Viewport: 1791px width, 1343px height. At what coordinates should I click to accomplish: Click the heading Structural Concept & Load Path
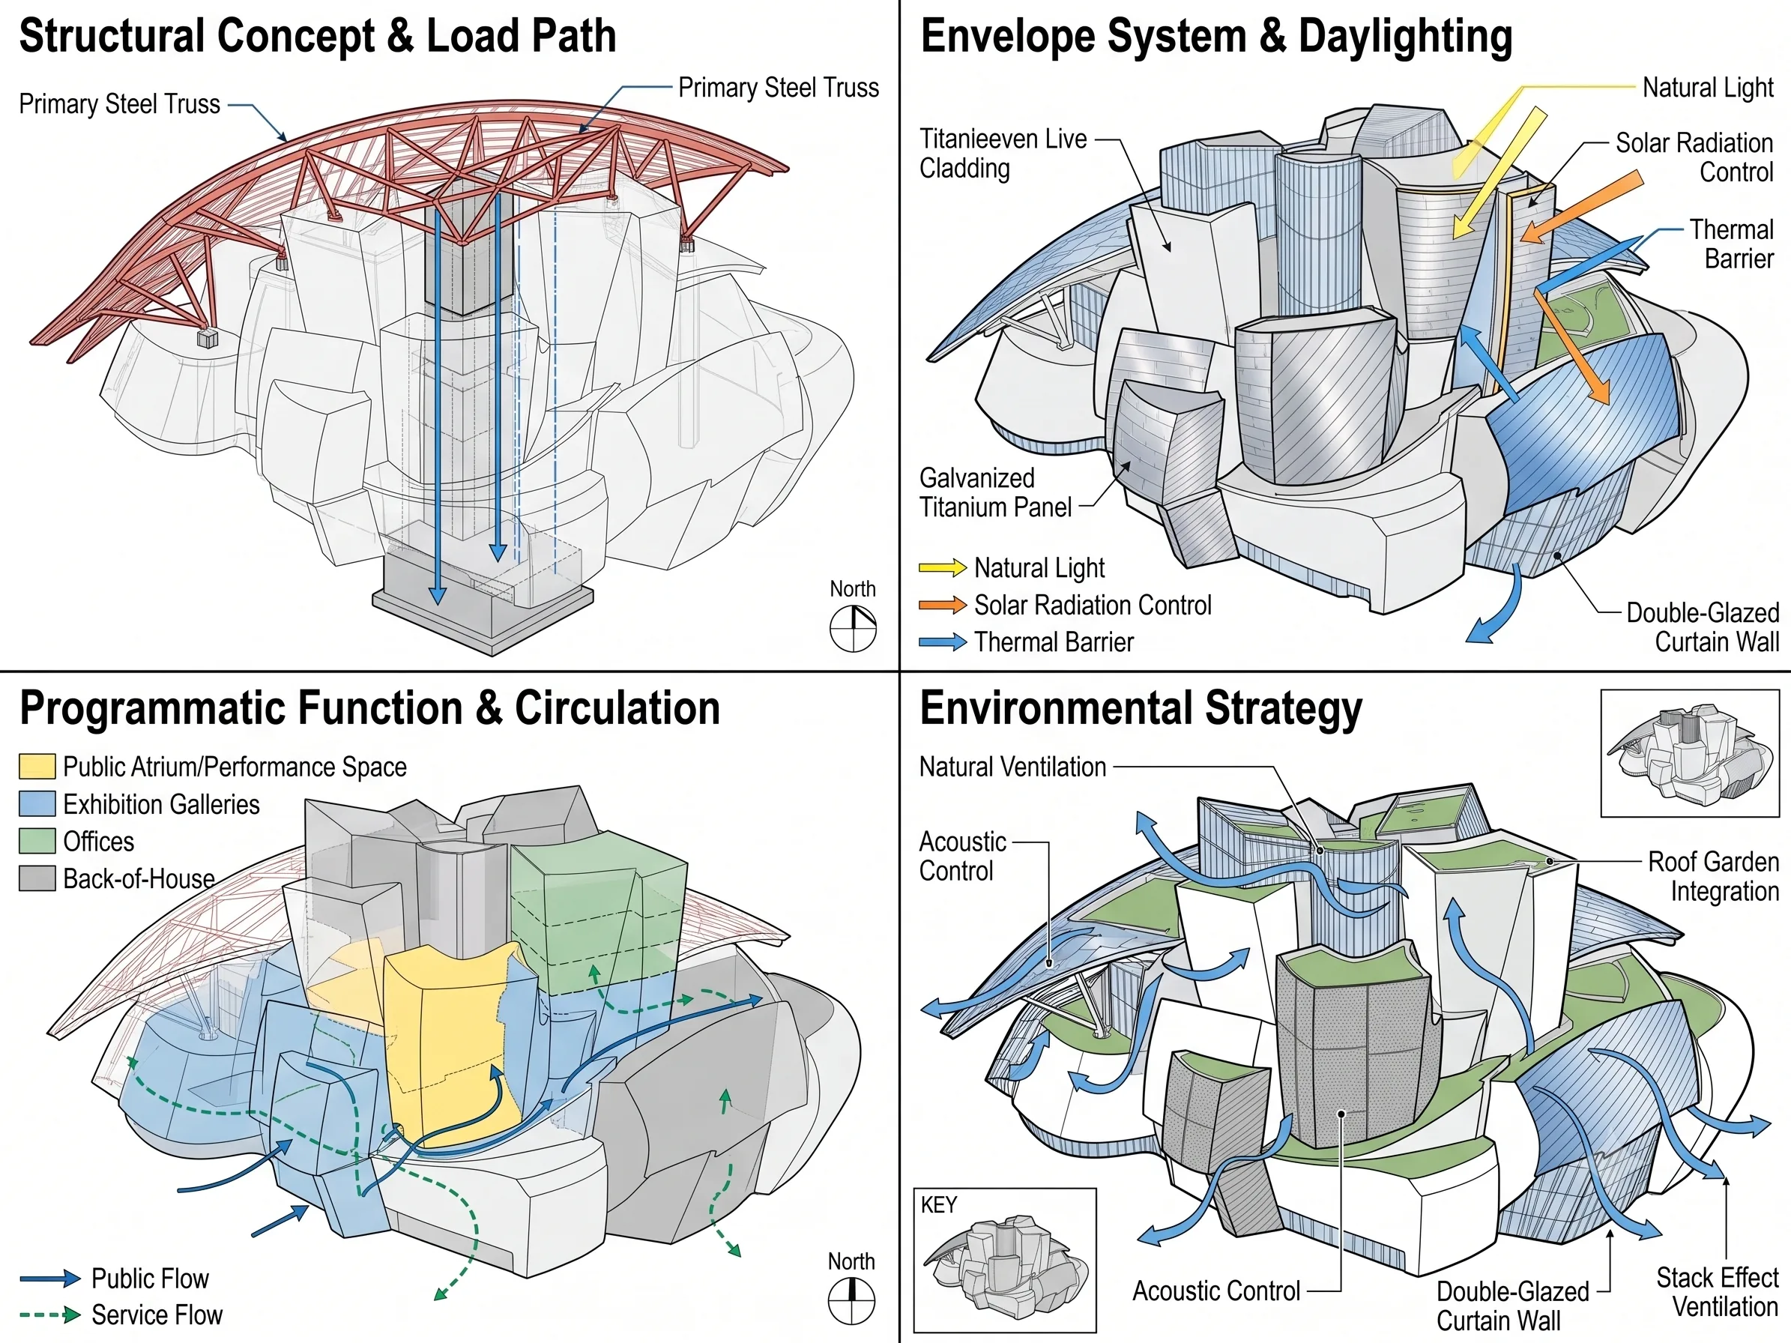coord(318,37)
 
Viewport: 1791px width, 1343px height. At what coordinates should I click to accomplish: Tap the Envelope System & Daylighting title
coord(1216,37)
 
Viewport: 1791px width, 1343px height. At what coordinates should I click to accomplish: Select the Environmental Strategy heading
coord(1141,709)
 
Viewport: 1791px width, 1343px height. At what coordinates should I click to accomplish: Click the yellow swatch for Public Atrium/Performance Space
coord(37,767)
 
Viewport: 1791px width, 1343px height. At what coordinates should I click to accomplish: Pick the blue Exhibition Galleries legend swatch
coord(37,804)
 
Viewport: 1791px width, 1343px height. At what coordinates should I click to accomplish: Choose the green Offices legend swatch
coord(37,841)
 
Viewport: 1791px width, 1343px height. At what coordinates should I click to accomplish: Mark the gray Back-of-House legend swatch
coord(37,878)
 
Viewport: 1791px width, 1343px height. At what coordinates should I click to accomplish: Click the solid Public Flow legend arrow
coord(50,1279)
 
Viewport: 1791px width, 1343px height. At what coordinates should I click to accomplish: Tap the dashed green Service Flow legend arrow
coord(50,1315)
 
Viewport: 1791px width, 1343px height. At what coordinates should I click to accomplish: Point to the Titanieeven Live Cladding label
coord(1003,154)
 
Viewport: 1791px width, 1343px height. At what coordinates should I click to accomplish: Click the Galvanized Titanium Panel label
coord(996,492)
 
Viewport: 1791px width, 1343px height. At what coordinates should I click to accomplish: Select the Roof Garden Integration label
coord(1713,876)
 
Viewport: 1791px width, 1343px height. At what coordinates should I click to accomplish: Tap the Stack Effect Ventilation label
coord(1718,1292)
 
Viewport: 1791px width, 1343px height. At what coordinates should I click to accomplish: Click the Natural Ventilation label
coord(1013,767)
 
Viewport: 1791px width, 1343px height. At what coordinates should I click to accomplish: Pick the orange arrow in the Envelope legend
coord(943,605)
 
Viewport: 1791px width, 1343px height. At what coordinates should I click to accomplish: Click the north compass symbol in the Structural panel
coord(854,629)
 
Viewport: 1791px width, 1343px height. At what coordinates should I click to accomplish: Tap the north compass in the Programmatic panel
coord(852,1301)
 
